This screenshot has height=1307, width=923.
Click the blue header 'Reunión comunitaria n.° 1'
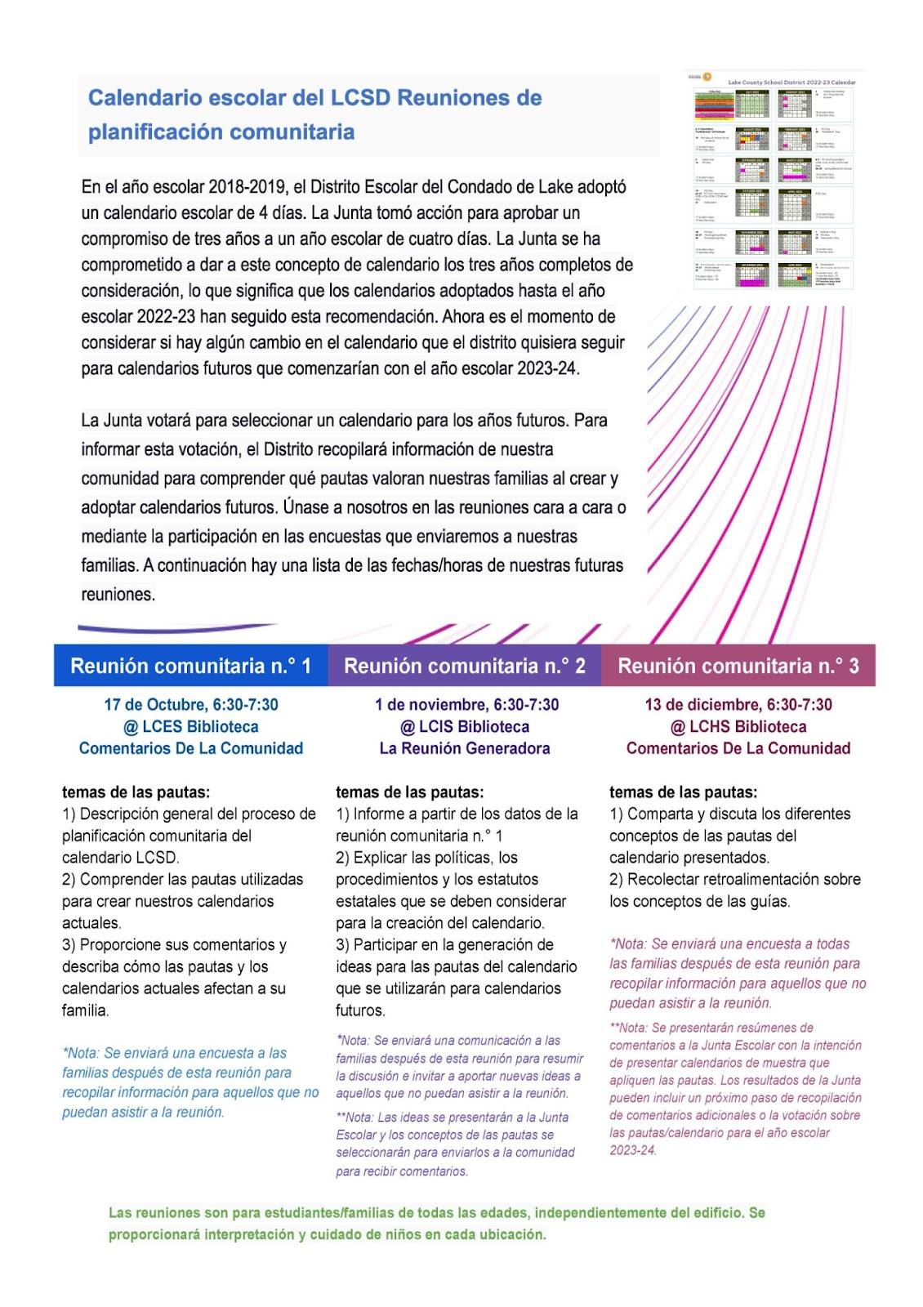tap(190, 666)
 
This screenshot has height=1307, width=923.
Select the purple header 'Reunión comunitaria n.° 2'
tap(464, 666)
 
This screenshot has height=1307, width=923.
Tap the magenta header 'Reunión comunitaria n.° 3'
tap(738, 666)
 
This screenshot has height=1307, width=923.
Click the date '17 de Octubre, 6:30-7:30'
tap(190, 704)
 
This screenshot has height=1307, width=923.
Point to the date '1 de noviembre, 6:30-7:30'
tap(466, 704)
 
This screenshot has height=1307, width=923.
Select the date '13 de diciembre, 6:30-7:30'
tap(738, 704)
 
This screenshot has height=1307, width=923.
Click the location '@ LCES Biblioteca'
tap(190, 726)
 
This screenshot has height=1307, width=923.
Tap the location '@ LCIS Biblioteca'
tap(465, 726)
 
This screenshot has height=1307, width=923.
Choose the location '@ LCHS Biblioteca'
tap(738, 726)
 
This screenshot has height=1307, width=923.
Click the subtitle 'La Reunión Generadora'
tap(465, 748)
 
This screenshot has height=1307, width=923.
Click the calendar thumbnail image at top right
tap(774, 179)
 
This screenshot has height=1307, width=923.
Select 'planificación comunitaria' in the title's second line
tap(221, 132)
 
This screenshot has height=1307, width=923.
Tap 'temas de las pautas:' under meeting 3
tap(683, 792)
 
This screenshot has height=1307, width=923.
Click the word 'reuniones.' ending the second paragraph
tap(118, 595)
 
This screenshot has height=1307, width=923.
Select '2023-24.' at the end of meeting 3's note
tap(632, 1150)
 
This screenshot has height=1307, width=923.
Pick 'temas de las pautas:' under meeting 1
tap(136, 792)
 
